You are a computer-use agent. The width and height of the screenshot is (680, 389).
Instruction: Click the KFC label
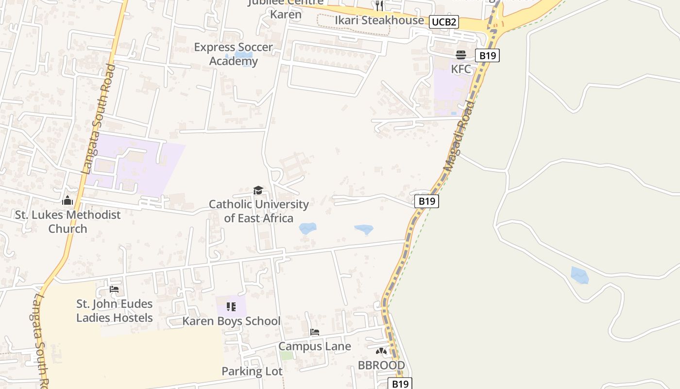click(x=461, y=69)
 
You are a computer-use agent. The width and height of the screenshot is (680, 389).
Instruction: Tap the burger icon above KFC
click(x=461, y=54)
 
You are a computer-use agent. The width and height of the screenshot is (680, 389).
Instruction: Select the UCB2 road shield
click(x=444, y=22)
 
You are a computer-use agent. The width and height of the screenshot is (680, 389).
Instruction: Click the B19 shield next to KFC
click(x=487, y=55)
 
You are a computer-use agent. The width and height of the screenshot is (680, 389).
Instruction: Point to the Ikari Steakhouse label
click(x=379, y=20)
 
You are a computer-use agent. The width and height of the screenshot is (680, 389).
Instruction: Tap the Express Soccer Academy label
click(x=234, y=54)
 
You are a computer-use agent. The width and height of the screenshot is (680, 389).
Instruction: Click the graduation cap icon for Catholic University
click(x=258, y=190)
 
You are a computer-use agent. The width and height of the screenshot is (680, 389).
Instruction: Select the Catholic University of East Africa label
click(x=258, y=211)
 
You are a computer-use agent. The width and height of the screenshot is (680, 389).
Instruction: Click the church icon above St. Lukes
click(x=68, y=200)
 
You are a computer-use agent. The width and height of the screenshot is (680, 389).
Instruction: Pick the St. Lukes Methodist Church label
click(x=68, y=221)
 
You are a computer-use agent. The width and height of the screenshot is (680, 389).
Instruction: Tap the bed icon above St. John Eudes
click(x=114, y=289)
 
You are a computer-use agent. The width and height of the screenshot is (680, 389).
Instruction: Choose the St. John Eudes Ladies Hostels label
click(x=115, y=311)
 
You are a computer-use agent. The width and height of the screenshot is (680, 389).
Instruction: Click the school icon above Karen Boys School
click(x=231, y=307)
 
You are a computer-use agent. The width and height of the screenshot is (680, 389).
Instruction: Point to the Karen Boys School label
click(x=231, y=321)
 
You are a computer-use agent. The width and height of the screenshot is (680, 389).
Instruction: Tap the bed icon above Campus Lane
click(x=315, y=333)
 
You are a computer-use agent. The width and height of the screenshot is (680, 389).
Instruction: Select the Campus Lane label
click(x=314, y=346)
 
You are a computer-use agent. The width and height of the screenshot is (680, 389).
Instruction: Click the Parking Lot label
click(x=252, y=371)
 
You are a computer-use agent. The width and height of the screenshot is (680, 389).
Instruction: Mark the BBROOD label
click(x=381, y=365)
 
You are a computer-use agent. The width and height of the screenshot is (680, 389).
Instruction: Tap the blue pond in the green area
click(x=579, y=275)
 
